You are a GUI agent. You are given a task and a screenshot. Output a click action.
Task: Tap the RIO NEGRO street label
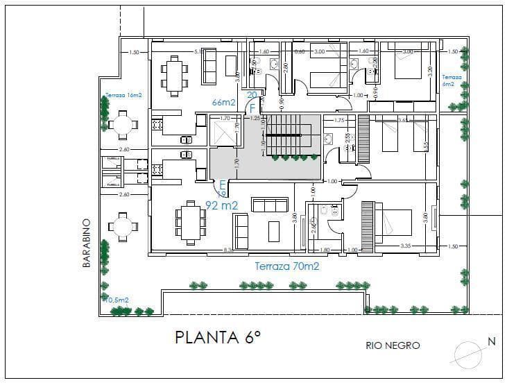[x=393, y=345]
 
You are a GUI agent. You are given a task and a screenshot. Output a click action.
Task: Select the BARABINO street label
[x=87, y=243]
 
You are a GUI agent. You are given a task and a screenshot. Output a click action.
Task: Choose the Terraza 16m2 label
[x=123, y=95]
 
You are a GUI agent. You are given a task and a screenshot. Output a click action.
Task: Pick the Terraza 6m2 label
[x=452, y=80]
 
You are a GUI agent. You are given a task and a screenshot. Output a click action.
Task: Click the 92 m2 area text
[x=221, y=205]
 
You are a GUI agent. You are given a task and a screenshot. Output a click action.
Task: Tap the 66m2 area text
[x=224, y=103]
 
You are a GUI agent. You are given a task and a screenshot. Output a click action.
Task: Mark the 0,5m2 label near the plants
[x=119, y=300]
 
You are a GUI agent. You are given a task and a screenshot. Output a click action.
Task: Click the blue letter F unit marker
[x=252, y=108]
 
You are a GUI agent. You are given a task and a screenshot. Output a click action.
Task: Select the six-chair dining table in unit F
[x=175, y=75]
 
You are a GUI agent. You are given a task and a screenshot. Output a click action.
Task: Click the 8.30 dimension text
[x=227, y=249]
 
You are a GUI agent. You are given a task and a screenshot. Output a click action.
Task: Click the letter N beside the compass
[x=491, y=341]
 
